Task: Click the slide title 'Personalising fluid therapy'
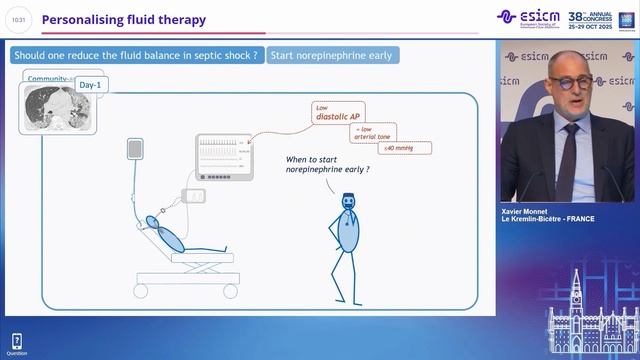[124, 19]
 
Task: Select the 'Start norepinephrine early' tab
[331, 55]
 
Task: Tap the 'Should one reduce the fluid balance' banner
[136, 55]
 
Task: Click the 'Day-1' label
[90, 86]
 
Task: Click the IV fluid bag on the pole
[135, 149]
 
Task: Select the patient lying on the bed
[164, 232]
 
